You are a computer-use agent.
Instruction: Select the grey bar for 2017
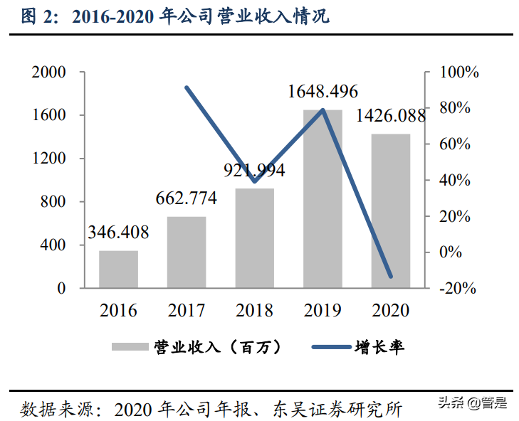pyautogui.click(x=187, y=252)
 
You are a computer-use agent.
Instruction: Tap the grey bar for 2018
pyautogui.click(x=255, y=238)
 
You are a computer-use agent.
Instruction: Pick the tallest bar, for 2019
pyautogui.click(x=323, y=199)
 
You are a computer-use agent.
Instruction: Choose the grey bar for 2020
pyautogui.click(x=391, y=210)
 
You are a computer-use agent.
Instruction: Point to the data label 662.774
pyautogui.click(x=187, y=198)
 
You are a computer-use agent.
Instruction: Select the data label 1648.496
pyautogui.click(x=323, y=91)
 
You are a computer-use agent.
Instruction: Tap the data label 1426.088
pyautogui.click(x=390, y=115)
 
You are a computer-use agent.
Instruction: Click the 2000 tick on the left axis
pyautogui.click(x=48, y=73)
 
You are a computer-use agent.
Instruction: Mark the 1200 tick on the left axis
pyautogui.click(x=48, y=159)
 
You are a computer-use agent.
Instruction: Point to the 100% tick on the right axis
pyautogui.click(x=456, y=73)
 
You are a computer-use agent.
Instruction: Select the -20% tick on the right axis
pyautogui.click(x=456, y=288)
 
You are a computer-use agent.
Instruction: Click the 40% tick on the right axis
pyautogui.click(x=456, y=181)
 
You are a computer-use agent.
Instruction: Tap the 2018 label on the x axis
pyautogui.click(x=255, y=311)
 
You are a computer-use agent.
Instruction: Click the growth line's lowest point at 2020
pyautogui.click(x=390, y=276)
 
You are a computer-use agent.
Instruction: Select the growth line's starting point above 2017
pyautogui.click(x=187, y=87)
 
